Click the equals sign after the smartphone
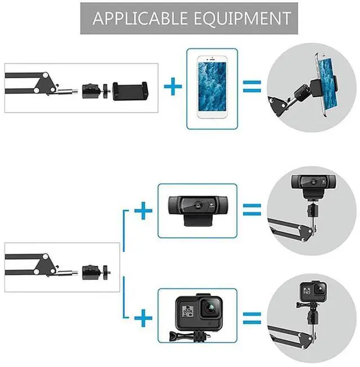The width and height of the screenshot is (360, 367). (x=252, y=87)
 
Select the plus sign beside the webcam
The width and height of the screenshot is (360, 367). (x=145, y=212)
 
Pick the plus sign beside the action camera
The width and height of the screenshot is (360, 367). (x=145, y=319)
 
